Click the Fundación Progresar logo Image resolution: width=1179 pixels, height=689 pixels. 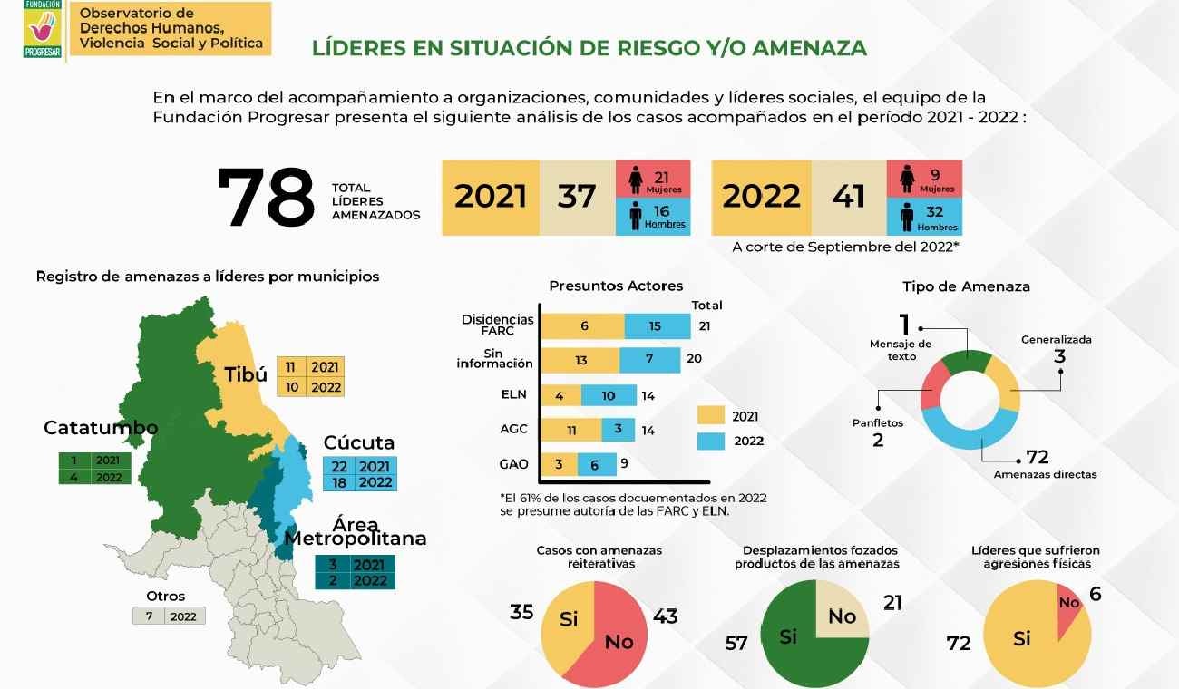tap(43, 29)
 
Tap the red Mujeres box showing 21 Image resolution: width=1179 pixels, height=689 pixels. tap(653, 178)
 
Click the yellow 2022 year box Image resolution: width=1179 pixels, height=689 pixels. tap(762, 197)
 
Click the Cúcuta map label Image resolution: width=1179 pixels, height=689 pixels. tap(359, 442)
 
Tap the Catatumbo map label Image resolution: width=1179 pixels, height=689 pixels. tap(101, 427)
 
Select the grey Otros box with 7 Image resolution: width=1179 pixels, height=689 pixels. tap(169, 616)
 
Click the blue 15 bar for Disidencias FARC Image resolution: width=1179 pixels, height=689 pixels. tap(657, 326)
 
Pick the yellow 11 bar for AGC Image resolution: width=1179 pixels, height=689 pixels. tap(570, 430)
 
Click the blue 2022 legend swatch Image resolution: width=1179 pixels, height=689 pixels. tap(712, 441)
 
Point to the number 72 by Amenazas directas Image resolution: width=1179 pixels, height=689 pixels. tap(1037, 456)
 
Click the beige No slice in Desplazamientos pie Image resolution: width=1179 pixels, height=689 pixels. tap(841, 613)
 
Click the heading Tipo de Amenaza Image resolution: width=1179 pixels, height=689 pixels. tap(966, 286)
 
